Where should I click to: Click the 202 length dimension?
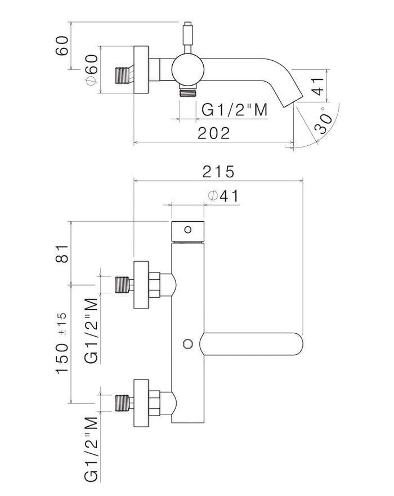tap(214, 133)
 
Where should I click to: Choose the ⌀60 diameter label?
tap(90, 70)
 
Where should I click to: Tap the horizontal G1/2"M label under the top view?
tap(233, 110)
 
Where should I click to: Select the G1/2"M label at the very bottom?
tap(90, 445)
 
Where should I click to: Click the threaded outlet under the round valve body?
tap(186, 92)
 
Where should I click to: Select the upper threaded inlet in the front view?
tap(123, 284)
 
